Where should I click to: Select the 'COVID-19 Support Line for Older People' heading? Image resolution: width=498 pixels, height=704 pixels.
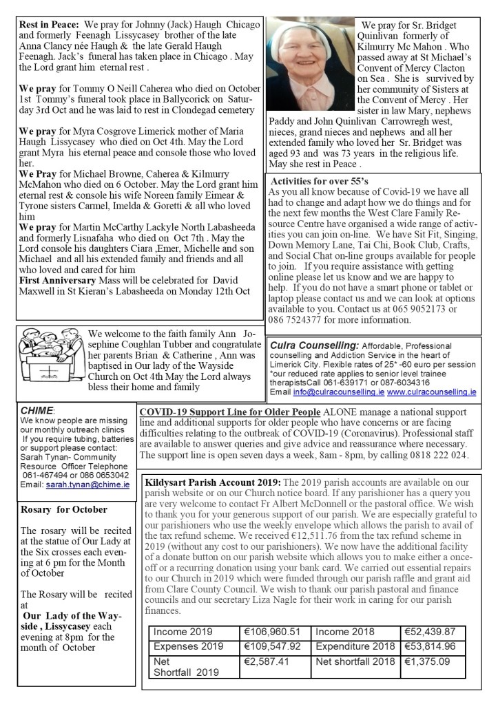[229, 412]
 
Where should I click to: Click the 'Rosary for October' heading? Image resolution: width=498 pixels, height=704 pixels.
[63, 509]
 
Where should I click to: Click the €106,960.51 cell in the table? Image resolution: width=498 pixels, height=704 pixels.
[273, 632]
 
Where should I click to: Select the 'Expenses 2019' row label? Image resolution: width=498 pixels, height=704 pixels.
[188, 646]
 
